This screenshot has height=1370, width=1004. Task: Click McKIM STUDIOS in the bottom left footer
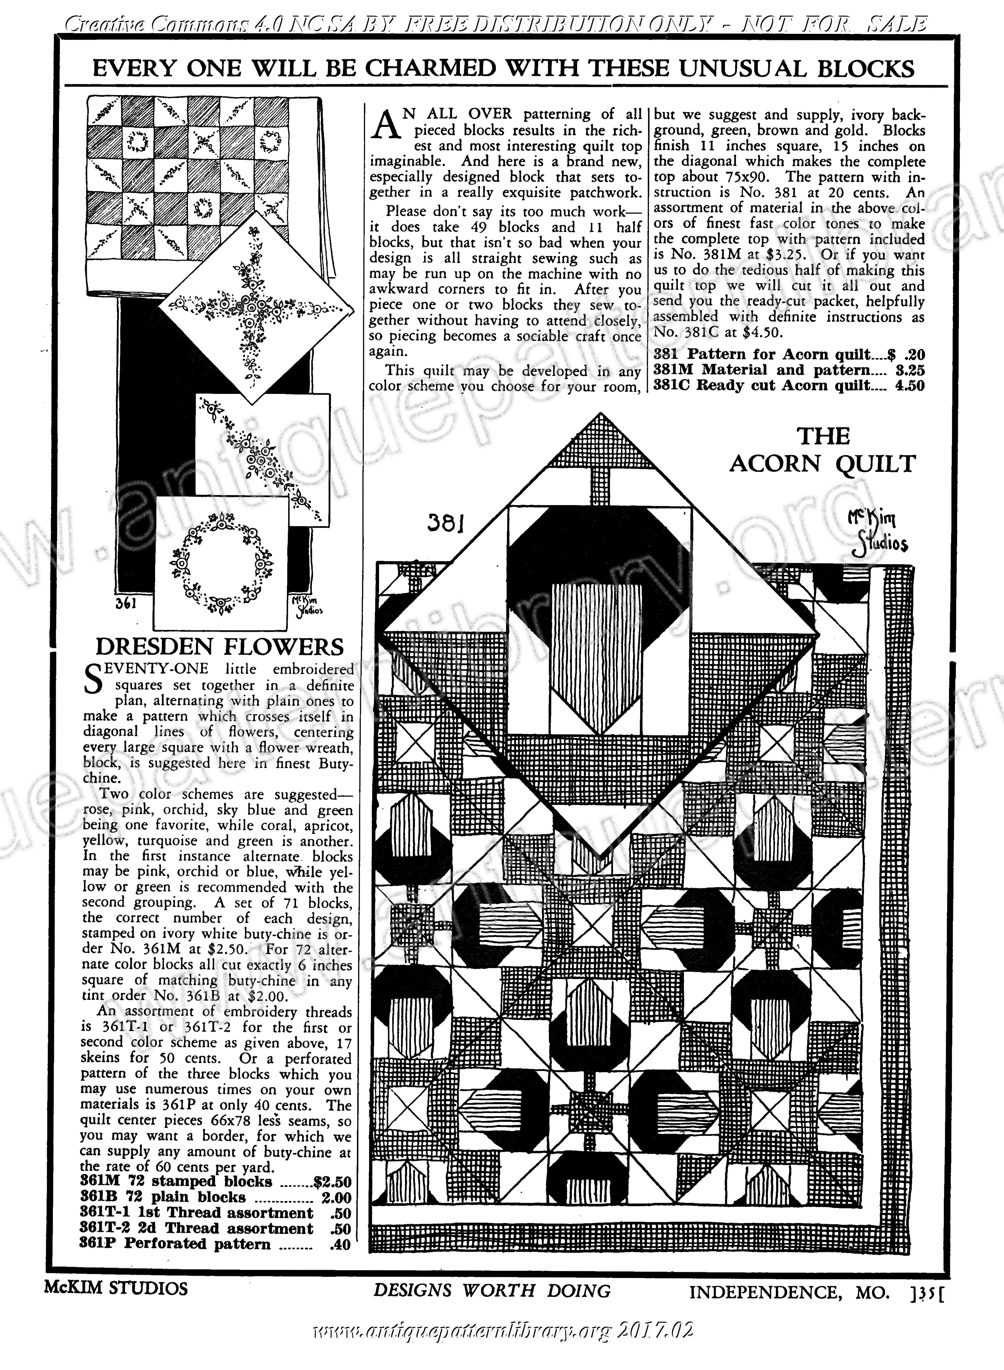[116, 1288]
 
